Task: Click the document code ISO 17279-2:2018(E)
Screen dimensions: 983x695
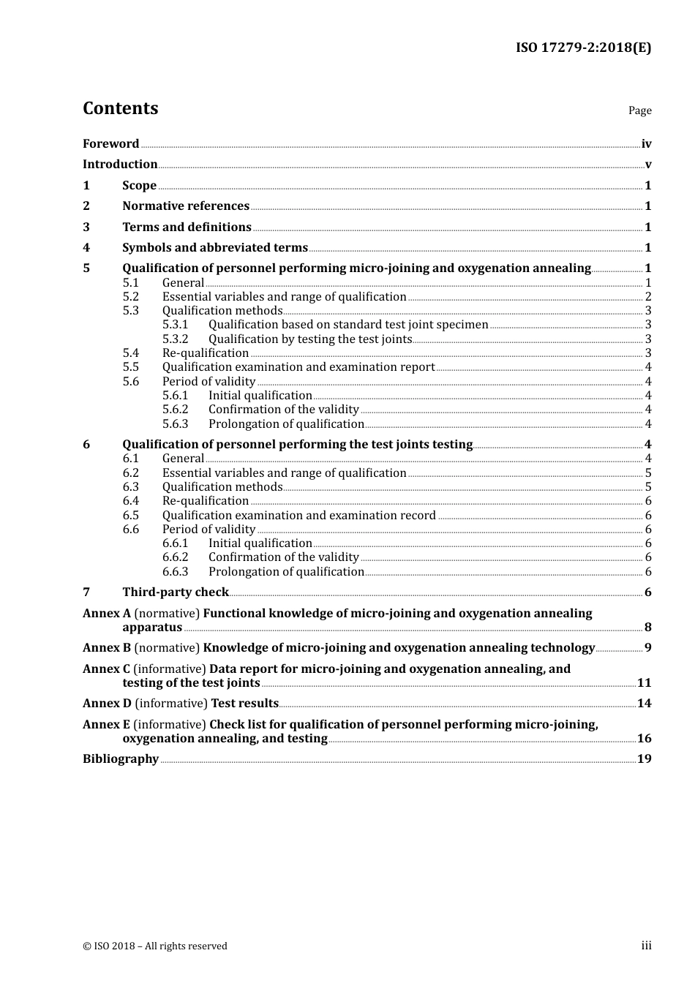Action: point(583,48)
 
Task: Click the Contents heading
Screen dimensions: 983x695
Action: point(120,108)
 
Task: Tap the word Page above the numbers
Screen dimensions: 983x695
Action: point(639,110)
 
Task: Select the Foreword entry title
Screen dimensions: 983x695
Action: point(110,144)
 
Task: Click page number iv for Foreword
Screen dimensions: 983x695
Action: point(646,144)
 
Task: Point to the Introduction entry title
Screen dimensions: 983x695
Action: point(120,165)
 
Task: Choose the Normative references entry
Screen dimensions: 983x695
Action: point(186,206)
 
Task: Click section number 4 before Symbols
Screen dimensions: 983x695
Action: point(86,248)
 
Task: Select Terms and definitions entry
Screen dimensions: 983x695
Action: point(187,227)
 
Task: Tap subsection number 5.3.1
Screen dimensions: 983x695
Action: point(175,325)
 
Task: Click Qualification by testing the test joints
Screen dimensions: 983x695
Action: point(310,339)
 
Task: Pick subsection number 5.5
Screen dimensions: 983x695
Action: point(130,367)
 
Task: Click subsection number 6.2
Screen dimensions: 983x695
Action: point(130,473)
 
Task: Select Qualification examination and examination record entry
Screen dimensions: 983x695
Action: point(298,516)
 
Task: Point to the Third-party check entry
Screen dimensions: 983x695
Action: point(176,592)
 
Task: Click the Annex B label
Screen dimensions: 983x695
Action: point(107,648)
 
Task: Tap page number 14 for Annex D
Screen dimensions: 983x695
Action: point(644,704)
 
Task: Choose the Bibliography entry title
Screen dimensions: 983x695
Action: point(121,759)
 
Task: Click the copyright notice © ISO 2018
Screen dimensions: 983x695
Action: point(155,946)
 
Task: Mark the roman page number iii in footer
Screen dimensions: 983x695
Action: point(646,946)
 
